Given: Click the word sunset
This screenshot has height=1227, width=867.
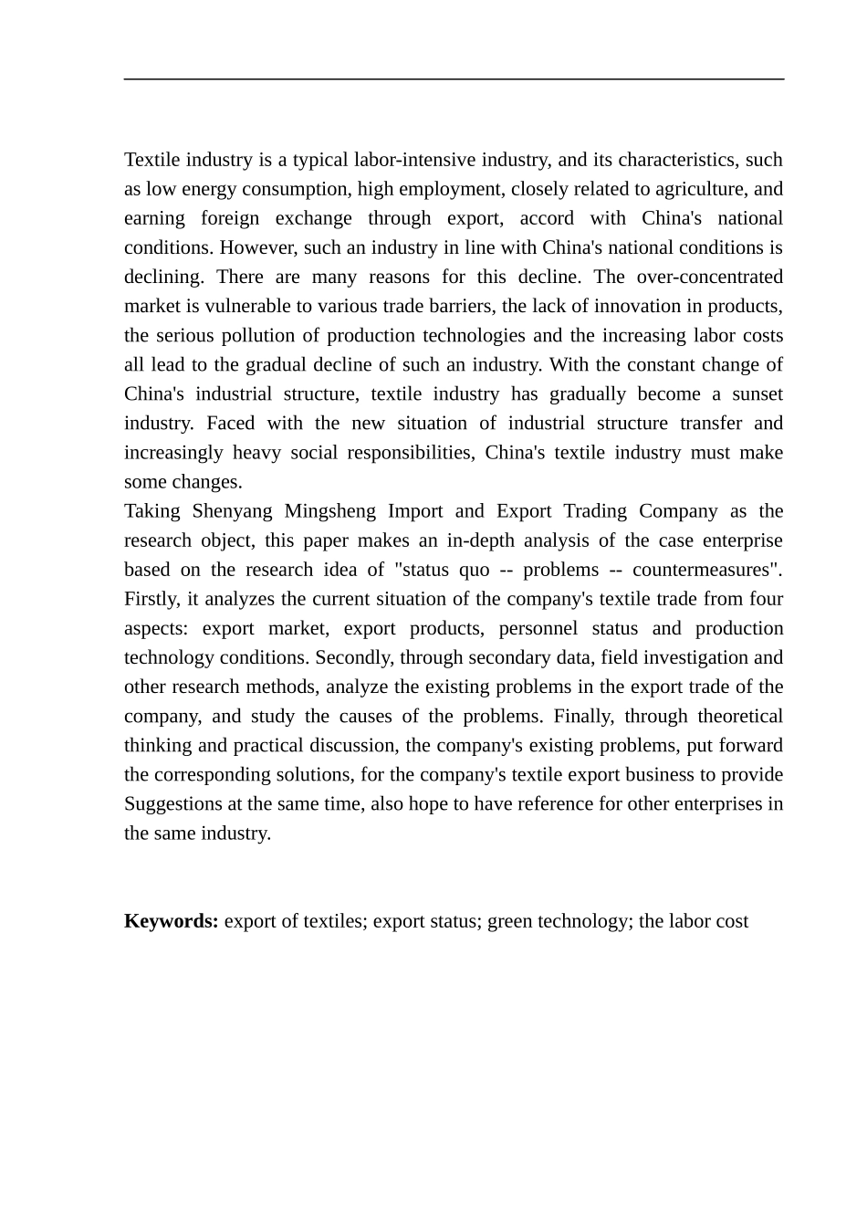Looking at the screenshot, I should pyautogui.click(x=757, y=393).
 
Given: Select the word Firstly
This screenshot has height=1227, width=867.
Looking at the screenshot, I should pyautogui.click(x=151, y=599).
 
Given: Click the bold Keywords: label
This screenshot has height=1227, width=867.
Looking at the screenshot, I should pyautogui.click(x=172, y=920).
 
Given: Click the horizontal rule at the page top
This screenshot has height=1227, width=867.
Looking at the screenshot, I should pyautogui.click(x=454, y=79).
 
